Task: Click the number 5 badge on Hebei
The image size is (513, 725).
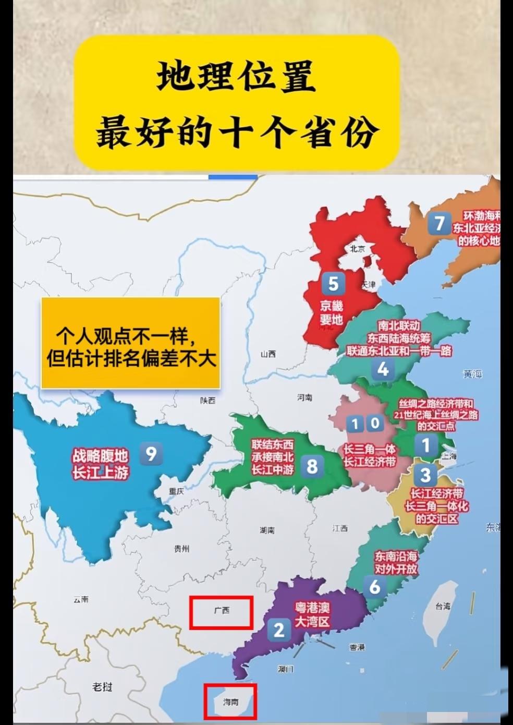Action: coord(333,284)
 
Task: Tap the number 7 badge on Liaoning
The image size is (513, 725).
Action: coord(439,224)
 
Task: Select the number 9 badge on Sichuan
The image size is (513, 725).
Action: coord(151,453)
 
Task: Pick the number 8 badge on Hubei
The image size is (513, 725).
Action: coord(312,466)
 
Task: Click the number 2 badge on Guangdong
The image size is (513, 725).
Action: coord(279,630)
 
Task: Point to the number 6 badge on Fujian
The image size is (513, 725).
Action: coord(375,587)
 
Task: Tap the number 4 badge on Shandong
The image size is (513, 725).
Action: coord(383,369)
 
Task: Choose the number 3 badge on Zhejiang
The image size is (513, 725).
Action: coord(425,475)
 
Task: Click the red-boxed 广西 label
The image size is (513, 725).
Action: coord(222,611)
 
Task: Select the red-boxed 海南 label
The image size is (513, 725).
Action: coord(230,702)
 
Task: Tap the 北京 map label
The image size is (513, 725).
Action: coord(358,249)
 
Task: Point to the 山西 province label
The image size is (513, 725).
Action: coord(268,354)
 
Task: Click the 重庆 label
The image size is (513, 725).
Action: coord(177,491)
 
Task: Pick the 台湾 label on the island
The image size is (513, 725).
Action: coord(443,606)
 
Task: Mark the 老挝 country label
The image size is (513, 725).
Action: coord(102,686)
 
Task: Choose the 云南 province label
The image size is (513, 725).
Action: coord(81,599)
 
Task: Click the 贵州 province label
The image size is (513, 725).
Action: coord(181,548)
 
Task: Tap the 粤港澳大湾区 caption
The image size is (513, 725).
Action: coord(312,614)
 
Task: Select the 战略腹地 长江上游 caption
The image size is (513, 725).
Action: coord(100,464)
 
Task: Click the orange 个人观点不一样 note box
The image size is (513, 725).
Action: coord(130,343)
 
